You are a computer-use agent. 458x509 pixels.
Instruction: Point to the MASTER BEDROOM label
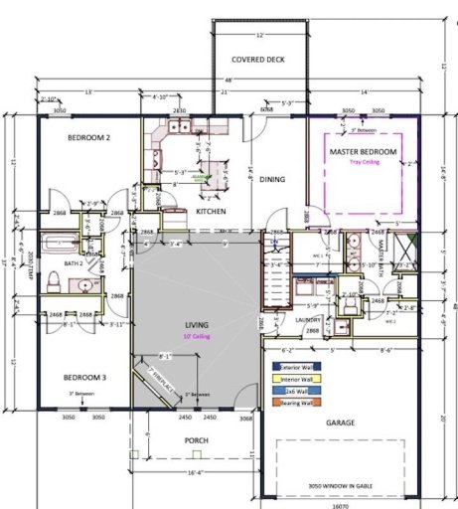[x=364, y=151]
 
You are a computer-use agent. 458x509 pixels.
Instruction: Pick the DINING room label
[x=272, y=180]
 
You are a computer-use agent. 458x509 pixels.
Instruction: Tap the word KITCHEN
[x=212, y=212]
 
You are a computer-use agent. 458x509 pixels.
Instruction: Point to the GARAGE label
[x=339, y=422]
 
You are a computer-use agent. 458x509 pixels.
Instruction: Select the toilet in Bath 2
[x=58, y=283]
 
